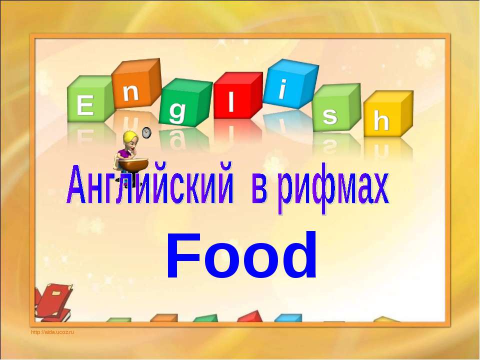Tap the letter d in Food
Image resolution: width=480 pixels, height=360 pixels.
tap(298, 255)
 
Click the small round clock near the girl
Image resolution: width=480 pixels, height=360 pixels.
tap(146, 132)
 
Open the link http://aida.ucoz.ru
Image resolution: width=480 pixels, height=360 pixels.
tap(52, 332)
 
